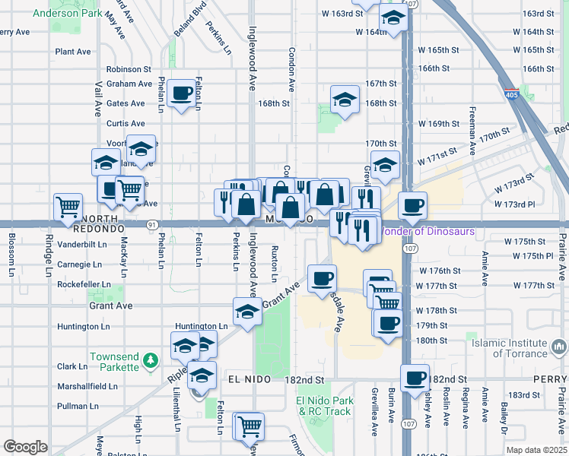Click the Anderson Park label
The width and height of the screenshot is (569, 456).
tap(66, 13)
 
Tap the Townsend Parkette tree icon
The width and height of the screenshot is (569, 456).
tap(151, 358)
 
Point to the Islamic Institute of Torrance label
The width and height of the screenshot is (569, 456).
tap(520, 348)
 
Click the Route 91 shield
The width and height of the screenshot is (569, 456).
tap(153, 225)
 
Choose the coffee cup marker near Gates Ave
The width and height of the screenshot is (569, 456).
tap(181, 93)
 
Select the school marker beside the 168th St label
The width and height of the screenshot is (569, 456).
tap(345, 100)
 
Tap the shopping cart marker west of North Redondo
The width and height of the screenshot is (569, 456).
tap(68, 206)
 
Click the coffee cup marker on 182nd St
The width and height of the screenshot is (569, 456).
tap(415, 378)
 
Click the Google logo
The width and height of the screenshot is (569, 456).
tap(24, 447)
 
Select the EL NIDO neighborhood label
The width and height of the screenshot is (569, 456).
tap(246, 378)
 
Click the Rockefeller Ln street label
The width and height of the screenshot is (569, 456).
tap(84, 285)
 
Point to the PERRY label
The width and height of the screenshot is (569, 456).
tap(551, 378)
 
